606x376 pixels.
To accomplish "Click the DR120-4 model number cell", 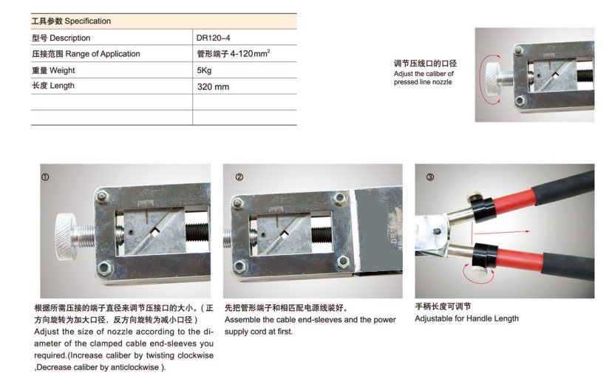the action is (213, 38).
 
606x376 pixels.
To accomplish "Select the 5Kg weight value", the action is (204, 70).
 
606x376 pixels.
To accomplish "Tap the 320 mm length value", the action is (213, 86).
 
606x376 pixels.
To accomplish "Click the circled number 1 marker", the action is (45, 177).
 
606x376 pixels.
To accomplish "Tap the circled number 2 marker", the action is (239, 177).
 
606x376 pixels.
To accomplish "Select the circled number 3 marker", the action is (430, 177).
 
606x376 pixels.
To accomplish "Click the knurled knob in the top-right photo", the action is (492, 78).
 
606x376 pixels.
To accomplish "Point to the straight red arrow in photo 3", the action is (502, 232).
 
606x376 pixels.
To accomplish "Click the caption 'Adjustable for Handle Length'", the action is (466, 318).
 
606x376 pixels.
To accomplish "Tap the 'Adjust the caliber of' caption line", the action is (423, 73).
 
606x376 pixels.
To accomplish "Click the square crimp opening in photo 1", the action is (155, 233).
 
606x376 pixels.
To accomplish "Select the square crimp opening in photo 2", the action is (285, 234).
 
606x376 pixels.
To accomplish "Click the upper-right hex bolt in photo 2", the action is (339, 198).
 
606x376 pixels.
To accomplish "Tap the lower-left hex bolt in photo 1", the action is (104, 267).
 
